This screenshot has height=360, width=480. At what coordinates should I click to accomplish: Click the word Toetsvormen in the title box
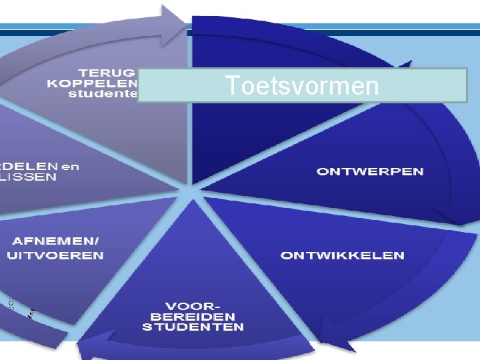coord(301,86)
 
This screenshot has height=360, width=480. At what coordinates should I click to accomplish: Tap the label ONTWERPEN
coord(370,171)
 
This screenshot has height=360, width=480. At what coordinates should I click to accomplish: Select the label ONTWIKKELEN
coord(342,255)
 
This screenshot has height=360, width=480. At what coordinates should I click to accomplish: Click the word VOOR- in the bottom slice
coord(193,305)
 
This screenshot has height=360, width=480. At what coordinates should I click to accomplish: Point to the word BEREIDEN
coord(193,316)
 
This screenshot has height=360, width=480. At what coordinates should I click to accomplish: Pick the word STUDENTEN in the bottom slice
coord(193,327)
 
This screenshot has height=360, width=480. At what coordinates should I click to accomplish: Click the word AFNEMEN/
coord(57,241)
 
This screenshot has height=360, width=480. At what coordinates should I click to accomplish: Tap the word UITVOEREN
coord(55,255)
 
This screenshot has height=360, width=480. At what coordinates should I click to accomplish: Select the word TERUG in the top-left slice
coord(107,71)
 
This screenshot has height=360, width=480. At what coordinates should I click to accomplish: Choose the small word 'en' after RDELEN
coord(69,166)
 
